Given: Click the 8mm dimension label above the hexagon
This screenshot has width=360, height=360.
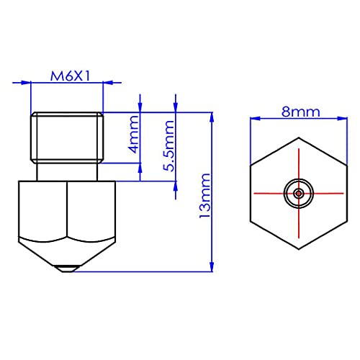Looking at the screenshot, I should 297,112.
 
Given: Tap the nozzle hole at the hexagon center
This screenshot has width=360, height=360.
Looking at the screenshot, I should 297,193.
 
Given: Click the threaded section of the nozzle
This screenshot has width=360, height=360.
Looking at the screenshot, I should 67,136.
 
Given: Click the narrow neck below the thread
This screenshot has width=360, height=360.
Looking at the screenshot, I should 67,171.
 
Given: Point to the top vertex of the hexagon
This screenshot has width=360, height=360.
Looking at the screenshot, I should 297,138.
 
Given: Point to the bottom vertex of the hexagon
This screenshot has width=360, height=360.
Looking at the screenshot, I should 297,248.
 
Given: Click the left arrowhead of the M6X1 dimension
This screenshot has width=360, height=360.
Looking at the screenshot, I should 34,85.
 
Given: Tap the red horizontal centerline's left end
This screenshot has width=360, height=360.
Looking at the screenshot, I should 253,193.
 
